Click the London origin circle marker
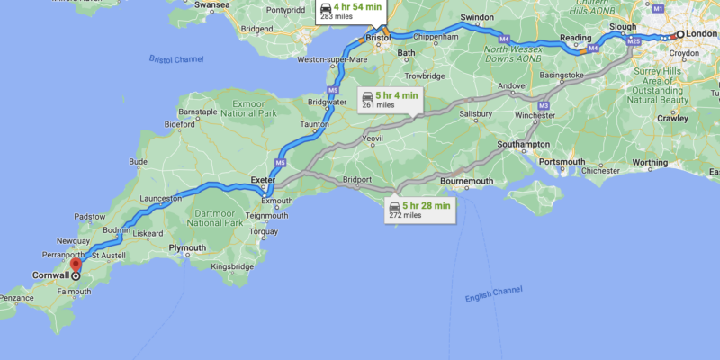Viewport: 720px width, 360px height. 680,34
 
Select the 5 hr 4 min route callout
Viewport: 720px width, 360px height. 390,99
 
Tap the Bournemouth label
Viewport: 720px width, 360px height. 467,182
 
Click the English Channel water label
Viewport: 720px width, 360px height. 493,296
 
